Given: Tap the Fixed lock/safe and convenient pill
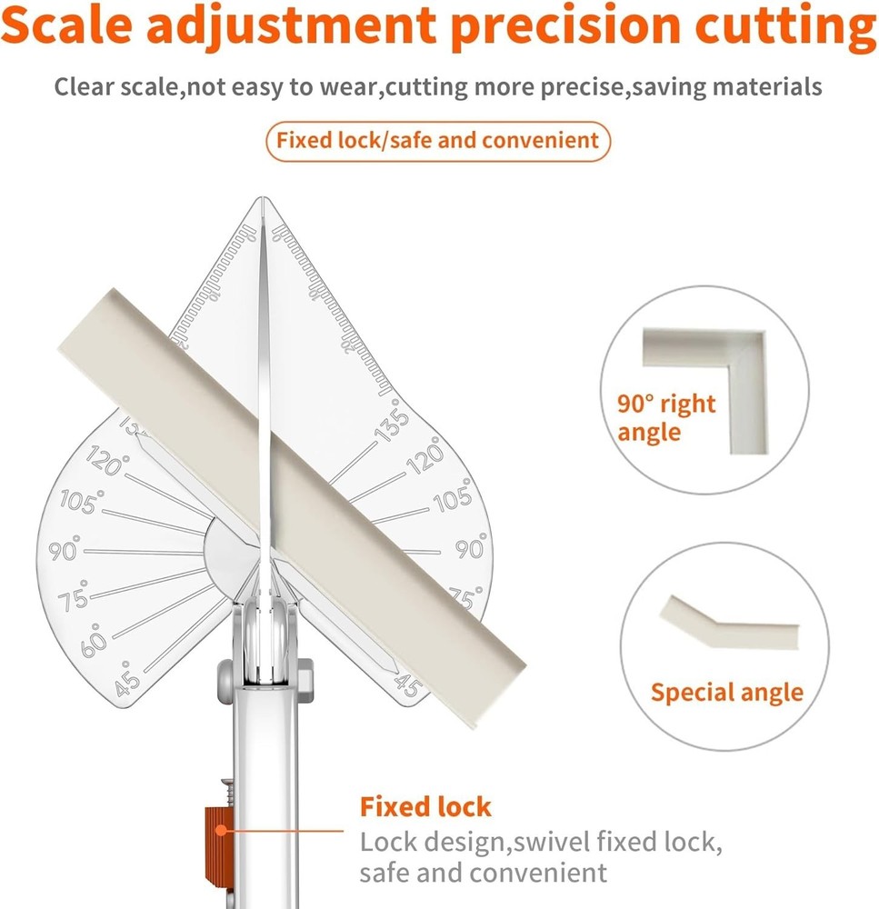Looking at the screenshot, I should pyautogui.click(x=438, y=141).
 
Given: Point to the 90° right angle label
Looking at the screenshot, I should pyautogui.click(x=667, y=417).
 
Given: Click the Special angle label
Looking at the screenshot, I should pyautogui.click(x=727, y=693).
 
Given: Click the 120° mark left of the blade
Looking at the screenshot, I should pyautogui.click(x=105, y=463).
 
